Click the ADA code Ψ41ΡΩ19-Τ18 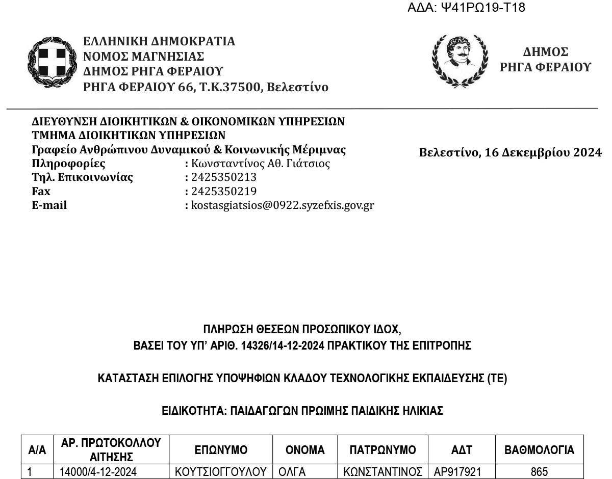tap(467, 8)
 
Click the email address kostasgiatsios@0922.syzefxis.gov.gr tap(283, 205)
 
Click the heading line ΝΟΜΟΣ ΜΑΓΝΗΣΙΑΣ tap(143, 56)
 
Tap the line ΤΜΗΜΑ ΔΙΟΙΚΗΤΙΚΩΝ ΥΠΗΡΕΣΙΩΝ tap(129, 136)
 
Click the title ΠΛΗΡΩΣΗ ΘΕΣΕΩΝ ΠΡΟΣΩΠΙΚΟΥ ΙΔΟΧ tap(305, 329)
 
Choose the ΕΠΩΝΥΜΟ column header tap(221, 450)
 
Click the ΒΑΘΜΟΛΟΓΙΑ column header tap(539, 450)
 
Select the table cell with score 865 tap(539, 472)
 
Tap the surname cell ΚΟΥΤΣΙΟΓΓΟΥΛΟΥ tap(221, 472)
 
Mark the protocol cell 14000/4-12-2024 tap(98, 472)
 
